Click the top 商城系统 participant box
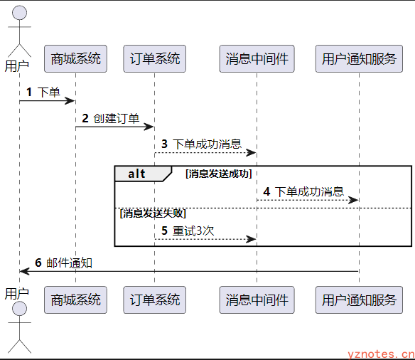pos(75,58)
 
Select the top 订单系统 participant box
pos(155,58)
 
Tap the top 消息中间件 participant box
pos(257,58)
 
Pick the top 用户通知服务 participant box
pos(359,58)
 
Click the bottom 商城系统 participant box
pos(75,300)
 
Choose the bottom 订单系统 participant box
pos(155,300)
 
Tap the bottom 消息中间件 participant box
pos(257,300)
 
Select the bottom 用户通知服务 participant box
pos(359,300)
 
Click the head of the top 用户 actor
pos(20,12)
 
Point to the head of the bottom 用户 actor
pos(20,308)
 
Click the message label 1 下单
pos(43,92)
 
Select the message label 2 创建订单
pos(111,118)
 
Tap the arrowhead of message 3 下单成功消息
pos(251,152)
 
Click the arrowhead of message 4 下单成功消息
pos(353,200)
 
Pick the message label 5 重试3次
pos(188,231)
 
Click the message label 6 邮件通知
pos(63,263)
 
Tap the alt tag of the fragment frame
pos(136,174)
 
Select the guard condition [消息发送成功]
pos(219,174)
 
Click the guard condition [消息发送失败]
pos(153,213)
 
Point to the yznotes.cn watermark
pos(381,354)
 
